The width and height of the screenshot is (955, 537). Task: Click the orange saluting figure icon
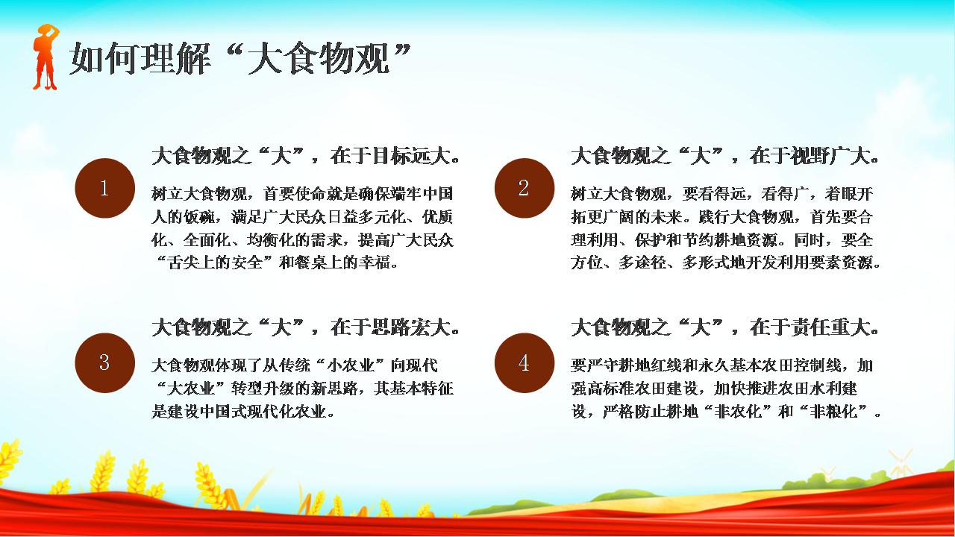coord(46,57)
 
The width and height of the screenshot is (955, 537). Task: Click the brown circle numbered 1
coord(105,188)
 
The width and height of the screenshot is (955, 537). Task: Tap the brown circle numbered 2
coord(525,188)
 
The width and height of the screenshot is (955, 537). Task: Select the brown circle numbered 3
coord(105,362)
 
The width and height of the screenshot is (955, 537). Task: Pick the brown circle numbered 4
coord(525,362)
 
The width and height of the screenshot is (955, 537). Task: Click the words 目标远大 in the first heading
coord(410,156)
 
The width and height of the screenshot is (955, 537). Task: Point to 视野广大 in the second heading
coord(830,156)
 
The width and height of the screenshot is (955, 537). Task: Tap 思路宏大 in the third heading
coord(410,327)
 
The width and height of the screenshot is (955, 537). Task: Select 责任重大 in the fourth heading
coord(830,327)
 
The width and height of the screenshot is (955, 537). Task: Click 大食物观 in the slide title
coord(319,58)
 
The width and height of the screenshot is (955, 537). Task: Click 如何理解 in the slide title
coord(140,58)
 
